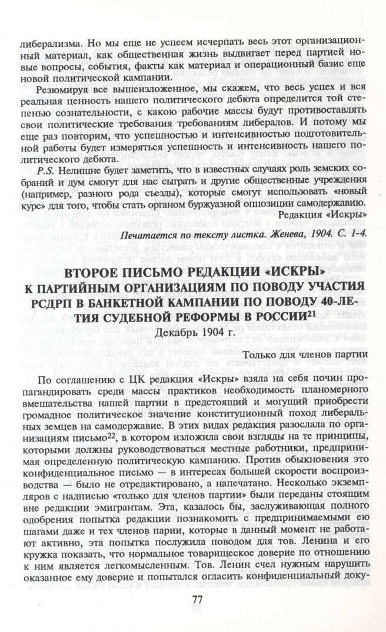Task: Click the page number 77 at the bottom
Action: (198, 600)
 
